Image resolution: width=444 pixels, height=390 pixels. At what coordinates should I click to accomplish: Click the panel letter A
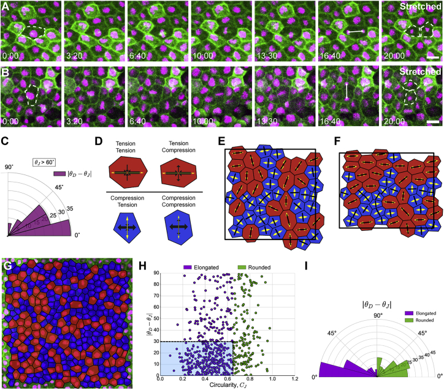tap(6, 6)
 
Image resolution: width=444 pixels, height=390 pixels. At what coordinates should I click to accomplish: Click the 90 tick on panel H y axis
tap(154, 272)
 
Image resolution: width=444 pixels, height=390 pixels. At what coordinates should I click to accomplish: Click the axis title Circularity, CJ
tap(226, 386)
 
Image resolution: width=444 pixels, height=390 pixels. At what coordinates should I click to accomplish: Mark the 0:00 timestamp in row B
tap(9, 121)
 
